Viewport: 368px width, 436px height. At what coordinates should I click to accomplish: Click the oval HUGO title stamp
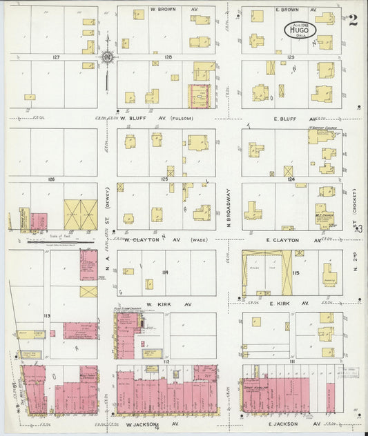[x=297, y=30]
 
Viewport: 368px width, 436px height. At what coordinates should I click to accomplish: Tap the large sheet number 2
[x=353, y=20]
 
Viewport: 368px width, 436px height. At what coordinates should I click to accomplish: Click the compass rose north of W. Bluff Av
[x=108, y=56]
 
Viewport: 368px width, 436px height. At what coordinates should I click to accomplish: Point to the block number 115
[x=296, y=274]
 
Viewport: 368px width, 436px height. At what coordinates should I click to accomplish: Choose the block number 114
[x=165, y=273]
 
